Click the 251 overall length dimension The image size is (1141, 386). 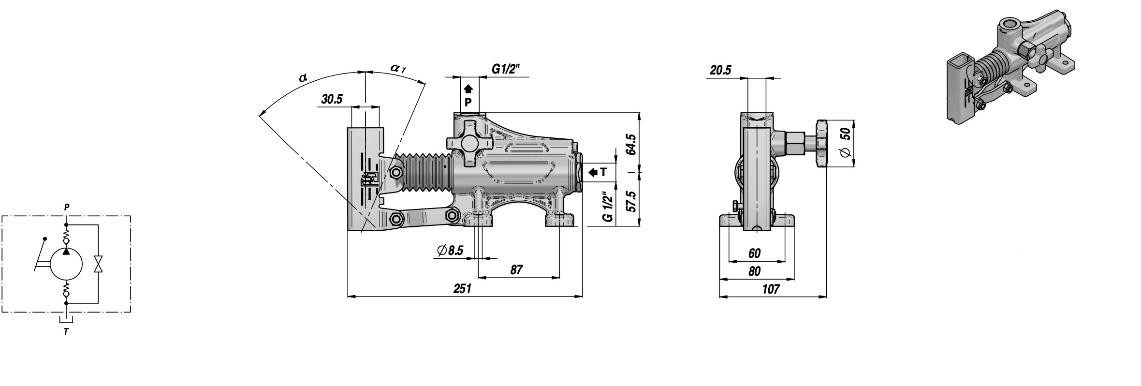click(462, 289)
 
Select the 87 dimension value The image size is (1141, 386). click(516, 270)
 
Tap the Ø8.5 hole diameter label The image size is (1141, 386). click(450, 250)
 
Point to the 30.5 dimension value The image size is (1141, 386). click(332, 100)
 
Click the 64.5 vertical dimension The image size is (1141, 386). click(630, 144)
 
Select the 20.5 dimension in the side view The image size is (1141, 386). click(721, 70)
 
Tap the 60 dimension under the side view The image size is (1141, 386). click(754, 253)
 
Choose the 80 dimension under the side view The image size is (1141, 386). click(754, 271)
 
